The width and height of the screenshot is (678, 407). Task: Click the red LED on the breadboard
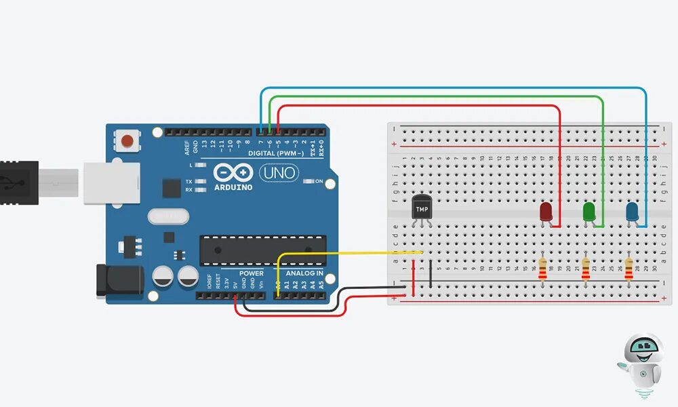pos(546,212)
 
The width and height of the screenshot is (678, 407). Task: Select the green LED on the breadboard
pos(589,212)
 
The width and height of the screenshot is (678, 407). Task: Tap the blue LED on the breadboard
pos(632,212)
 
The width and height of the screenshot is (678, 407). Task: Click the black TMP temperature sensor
pos(422,206)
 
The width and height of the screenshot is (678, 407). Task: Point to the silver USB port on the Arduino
pos(111,182)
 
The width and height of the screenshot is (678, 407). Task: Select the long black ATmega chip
pos(262,250)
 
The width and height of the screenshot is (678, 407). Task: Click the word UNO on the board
pos(279,173)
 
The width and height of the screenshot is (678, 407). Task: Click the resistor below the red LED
pos(542,268)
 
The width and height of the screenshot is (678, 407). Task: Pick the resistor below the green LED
pos(586,268)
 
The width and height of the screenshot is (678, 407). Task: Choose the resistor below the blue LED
pos(629,268)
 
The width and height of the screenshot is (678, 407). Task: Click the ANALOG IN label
pos(304,274)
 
